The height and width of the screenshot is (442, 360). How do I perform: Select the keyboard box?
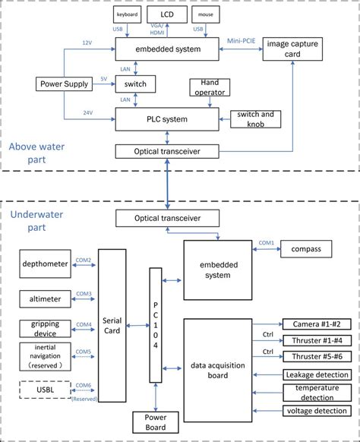click(x=127, y=14)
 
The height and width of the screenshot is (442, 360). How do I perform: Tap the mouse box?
click(x=204, y=14)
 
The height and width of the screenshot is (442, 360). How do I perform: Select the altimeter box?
click(x=45, y=297)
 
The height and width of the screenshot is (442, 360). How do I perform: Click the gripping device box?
click(x=45, y=328)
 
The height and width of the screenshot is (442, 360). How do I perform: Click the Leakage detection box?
click(x=315, y=374)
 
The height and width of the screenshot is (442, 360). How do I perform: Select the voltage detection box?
click(x=315, y=411)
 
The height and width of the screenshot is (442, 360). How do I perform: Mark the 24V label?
click(x=89, y=113)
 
